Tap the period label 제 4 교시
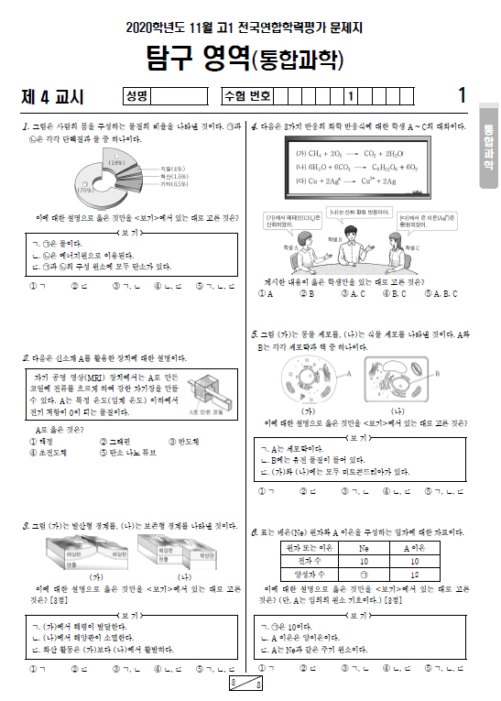pos(52,95)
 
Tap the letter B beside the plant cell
pos(440,374)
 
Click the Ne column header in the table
pos(364,547)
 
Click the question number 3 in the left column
pos(25,526)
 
